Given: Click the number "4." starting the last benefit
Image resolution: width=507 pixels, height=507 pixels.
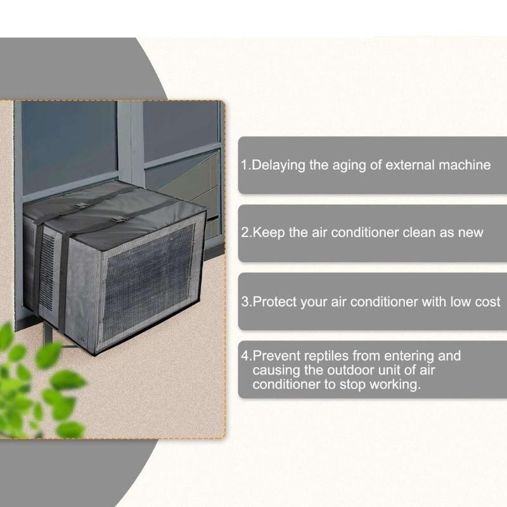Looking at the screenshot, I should pyautogui.click(x=247, y=356).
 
